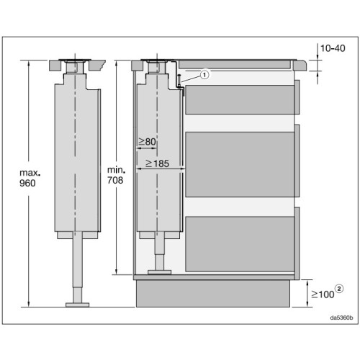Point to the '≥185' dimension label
point(158,163)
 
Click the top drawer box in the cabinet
point(239,101)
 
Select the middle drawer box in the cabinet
point(239,163)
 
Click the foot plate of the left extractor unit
point(77,305)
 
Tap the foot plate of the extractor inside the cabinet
point(160,271)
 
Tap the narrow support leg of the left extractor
point(77,270)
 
